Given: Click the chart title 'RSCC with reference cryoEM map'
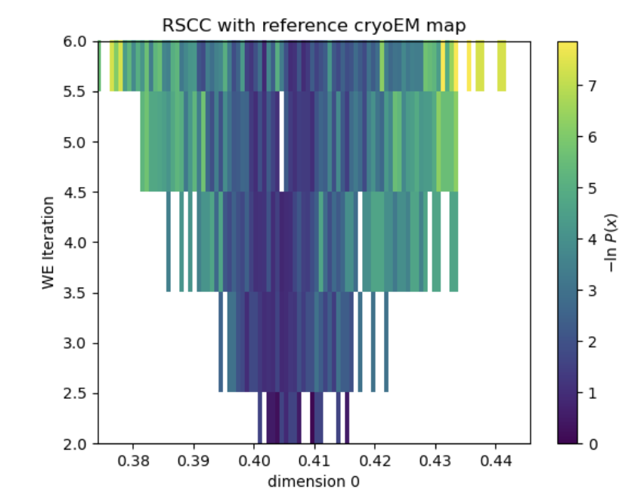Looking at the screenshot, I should pos(314,25).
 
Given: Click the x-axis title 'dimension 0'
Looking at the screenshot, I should pos(314,481).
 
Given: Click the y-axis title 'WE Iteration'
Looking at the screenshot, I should pos(48,242).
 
